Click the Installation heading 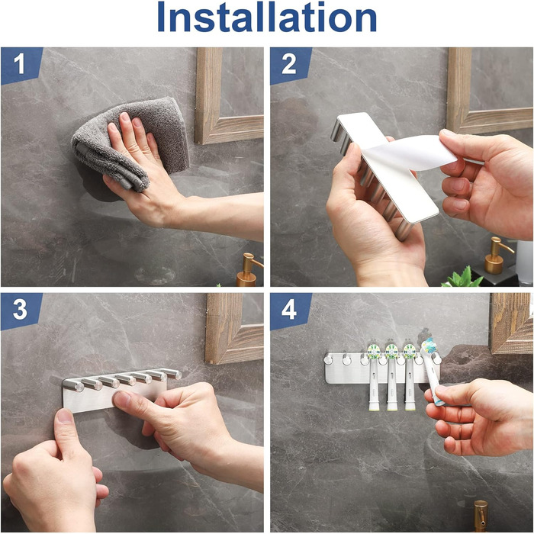[267, 18]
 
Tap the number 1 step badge [21, 65]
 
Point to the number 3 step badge [21, 310]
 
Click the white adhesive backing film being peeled [409, 153]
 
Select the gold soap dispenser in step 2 [496, 256]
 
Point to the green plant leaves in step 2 [463, 278]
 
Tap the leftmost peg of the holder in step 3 [73, 384]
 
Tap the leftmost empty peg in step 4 [328, 359]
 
